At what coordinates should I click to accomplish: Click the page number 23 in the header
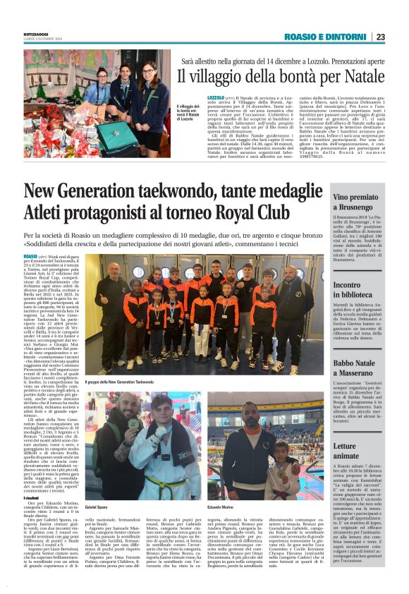[x=381, y=37]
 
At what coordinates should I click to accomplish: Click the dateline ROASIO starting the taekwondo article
[x=30, y=257]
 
